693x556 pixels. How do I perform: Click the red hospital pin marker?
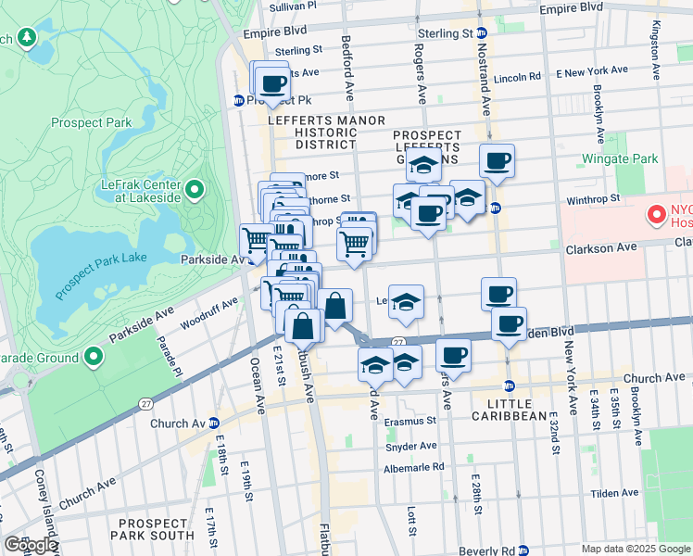[658, 215]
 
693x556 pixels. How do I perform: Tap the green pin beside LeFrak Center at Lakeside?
[195, 191]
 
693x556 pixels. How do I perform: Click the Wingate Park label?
[621, 158]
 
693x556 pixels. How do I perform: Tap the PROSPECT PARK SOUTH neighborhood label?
[152, 528]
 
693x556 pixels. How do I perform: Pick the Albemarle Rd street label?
[413, 467]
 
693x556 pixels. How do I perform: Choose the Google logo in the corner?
[31, 545]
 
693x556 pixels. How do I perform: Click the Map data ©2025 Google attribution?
[636, 549]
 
